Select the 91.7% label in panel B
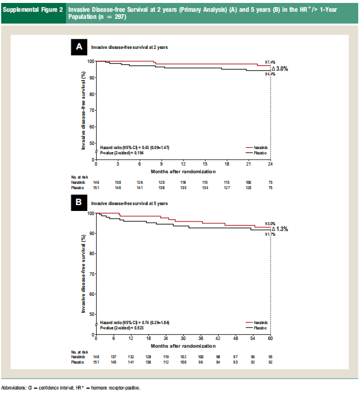pyautogui.click(x=270, y=235)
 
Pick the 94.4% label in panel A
pyautogui.click(x=270, y=75)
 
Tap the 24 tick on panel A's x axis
pyautogui.click(x=270, y=164)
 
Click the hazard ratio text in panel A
pyautogui.click(x=125, y=147)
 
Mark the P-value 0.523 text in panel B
pyautogui.click(x=122, y=328)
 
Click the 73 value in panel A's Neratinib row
pyautogui.click(x=270, y=183)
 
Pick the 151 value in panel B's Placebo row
pyautogui.click(x=96, y=363)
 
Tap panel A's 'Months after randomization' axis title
pyautogui.click(x=183, y=171)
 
